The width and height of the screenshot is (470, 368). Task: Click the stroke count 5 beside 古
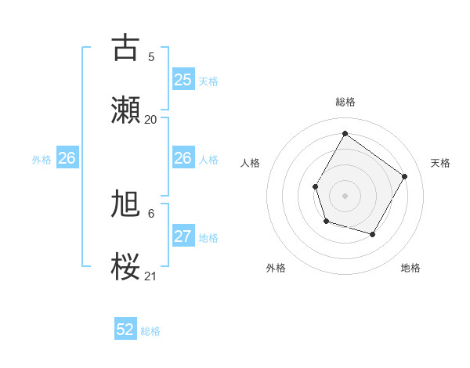(151, 57)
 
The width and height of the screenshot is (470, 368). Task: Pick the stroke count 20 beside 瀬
(151, 120)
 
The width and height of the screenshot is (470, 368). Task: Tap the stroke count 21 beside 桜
(151, 276)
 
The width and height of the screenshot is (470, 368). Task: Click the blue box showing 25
(183, 80)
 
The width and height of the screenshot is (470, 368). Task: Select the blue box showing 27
(183, 236)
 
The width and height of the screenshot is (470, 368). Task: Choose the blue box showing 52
(125, 330)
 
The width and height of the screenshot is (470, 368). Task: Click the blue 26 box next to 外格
(67, 158)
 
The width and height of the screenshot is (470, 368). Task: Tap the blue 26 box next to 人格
(183, 158)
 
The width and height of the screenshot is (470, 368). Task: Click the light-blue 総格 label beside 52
(150, 331)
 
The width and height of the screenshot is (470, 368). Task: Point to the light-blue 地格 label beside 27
(208, 238)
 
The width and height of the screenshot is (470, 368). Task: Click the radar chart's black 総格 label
(345, 102)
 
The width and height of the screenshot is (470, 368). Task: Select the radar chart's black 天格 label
(440, 163)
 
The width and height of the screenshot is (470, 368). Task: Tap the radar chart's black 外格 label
(276, 268)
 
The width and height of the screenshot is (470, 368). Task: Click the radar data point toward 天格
(404, 176)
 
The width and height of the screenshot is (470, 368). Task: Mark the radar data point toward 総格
(345, 133)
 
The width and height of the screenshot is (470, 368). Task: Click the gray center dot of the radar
(345, 195)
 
